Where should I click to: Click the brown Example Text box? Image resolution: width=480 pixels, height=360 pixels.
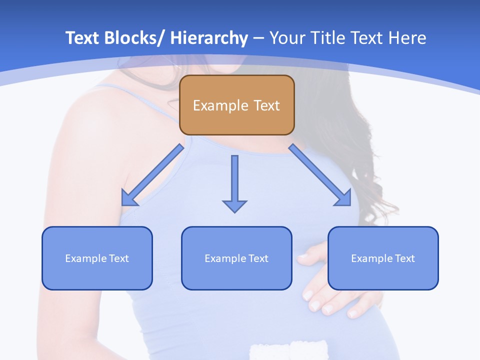[x=236, y=105]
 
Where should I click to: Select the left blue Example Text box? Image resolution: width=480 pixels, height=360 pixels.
[x=97, y=258]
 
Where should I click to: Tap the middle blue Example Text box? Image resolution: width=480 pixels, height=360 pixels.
[x=236, y=258]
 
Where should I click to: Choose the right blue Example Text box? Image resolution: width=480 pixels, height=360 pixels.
[x=383, y=258]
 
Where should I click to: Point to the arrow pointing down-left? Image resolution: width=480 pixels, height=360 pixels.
[x=153, y=175]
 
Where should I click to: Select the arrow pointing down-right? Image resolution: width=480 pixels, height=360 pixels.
[x=320, y=175]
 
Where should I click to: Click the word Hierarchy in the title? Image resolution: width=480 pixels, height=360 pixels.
[x=209, y=38]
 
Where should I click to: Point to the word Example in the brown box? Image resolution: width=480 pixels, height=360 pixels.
[x=220, y=105]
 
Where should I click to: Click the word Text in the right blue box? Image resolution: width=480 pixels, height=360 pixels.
[x=404, y=258]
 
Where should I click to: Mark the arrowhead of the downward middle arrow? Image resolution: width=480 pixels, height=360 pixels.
[x=234, y=206]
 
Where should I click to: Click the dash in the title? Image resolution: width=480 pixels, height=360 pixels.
[x=258, y=38]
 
